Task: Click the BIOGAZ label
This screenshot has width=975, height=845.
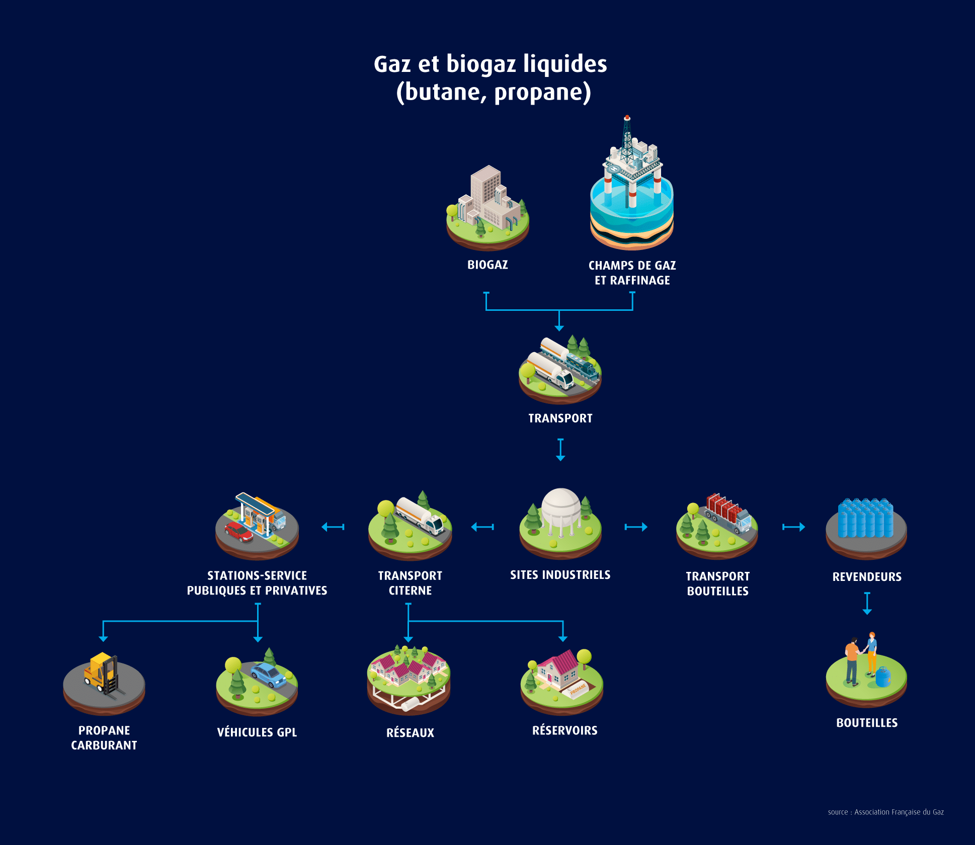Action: pyautogui.click(x=488, y=265)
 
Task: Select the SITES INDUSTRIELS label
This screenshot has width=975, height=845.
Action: pyautogui.click(x=560, y=575)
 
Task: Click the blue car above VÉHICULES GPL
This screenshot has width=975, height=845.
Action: pyautogui.click(x=269, y=675)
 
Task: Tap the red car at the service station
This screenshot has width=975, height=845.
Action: pyautogui.click(x=239, y=532)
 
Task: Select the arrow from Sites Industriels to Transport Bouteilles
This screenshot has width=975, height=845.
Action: pyautogui.click(x=636, y=527)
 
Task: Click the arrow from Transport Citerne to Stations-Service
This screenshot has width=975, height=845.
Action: pyautogui.click(x=333, y=527)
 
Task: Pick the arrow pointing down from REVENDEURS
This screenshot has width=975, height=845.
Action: pyautogui.click(x=867, y=604)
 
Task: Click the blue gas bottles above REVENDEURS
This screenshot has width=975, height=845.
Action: pyautogui.click(x=866, y=518)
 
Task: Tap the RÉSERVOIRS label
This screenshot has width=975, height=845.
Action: pyautogui.click(x=564, y=731)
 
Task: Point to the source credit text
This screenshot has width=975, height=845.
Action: pyautogui.click(x=885, y=812)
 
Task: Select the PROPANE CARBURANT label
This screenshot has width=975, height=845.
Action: pyautogui.click(x=104, y=738)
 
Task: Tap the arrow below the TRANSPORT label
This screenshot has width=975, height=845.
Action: pyautogui.click(x=560, y=450)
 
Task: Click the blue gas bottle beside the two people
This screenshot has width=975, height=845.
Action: pyautogui.click(x=882, y=677)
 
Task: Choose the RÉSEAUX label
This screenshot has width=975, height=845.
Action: pyautogui.click(x=410, y=733)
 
